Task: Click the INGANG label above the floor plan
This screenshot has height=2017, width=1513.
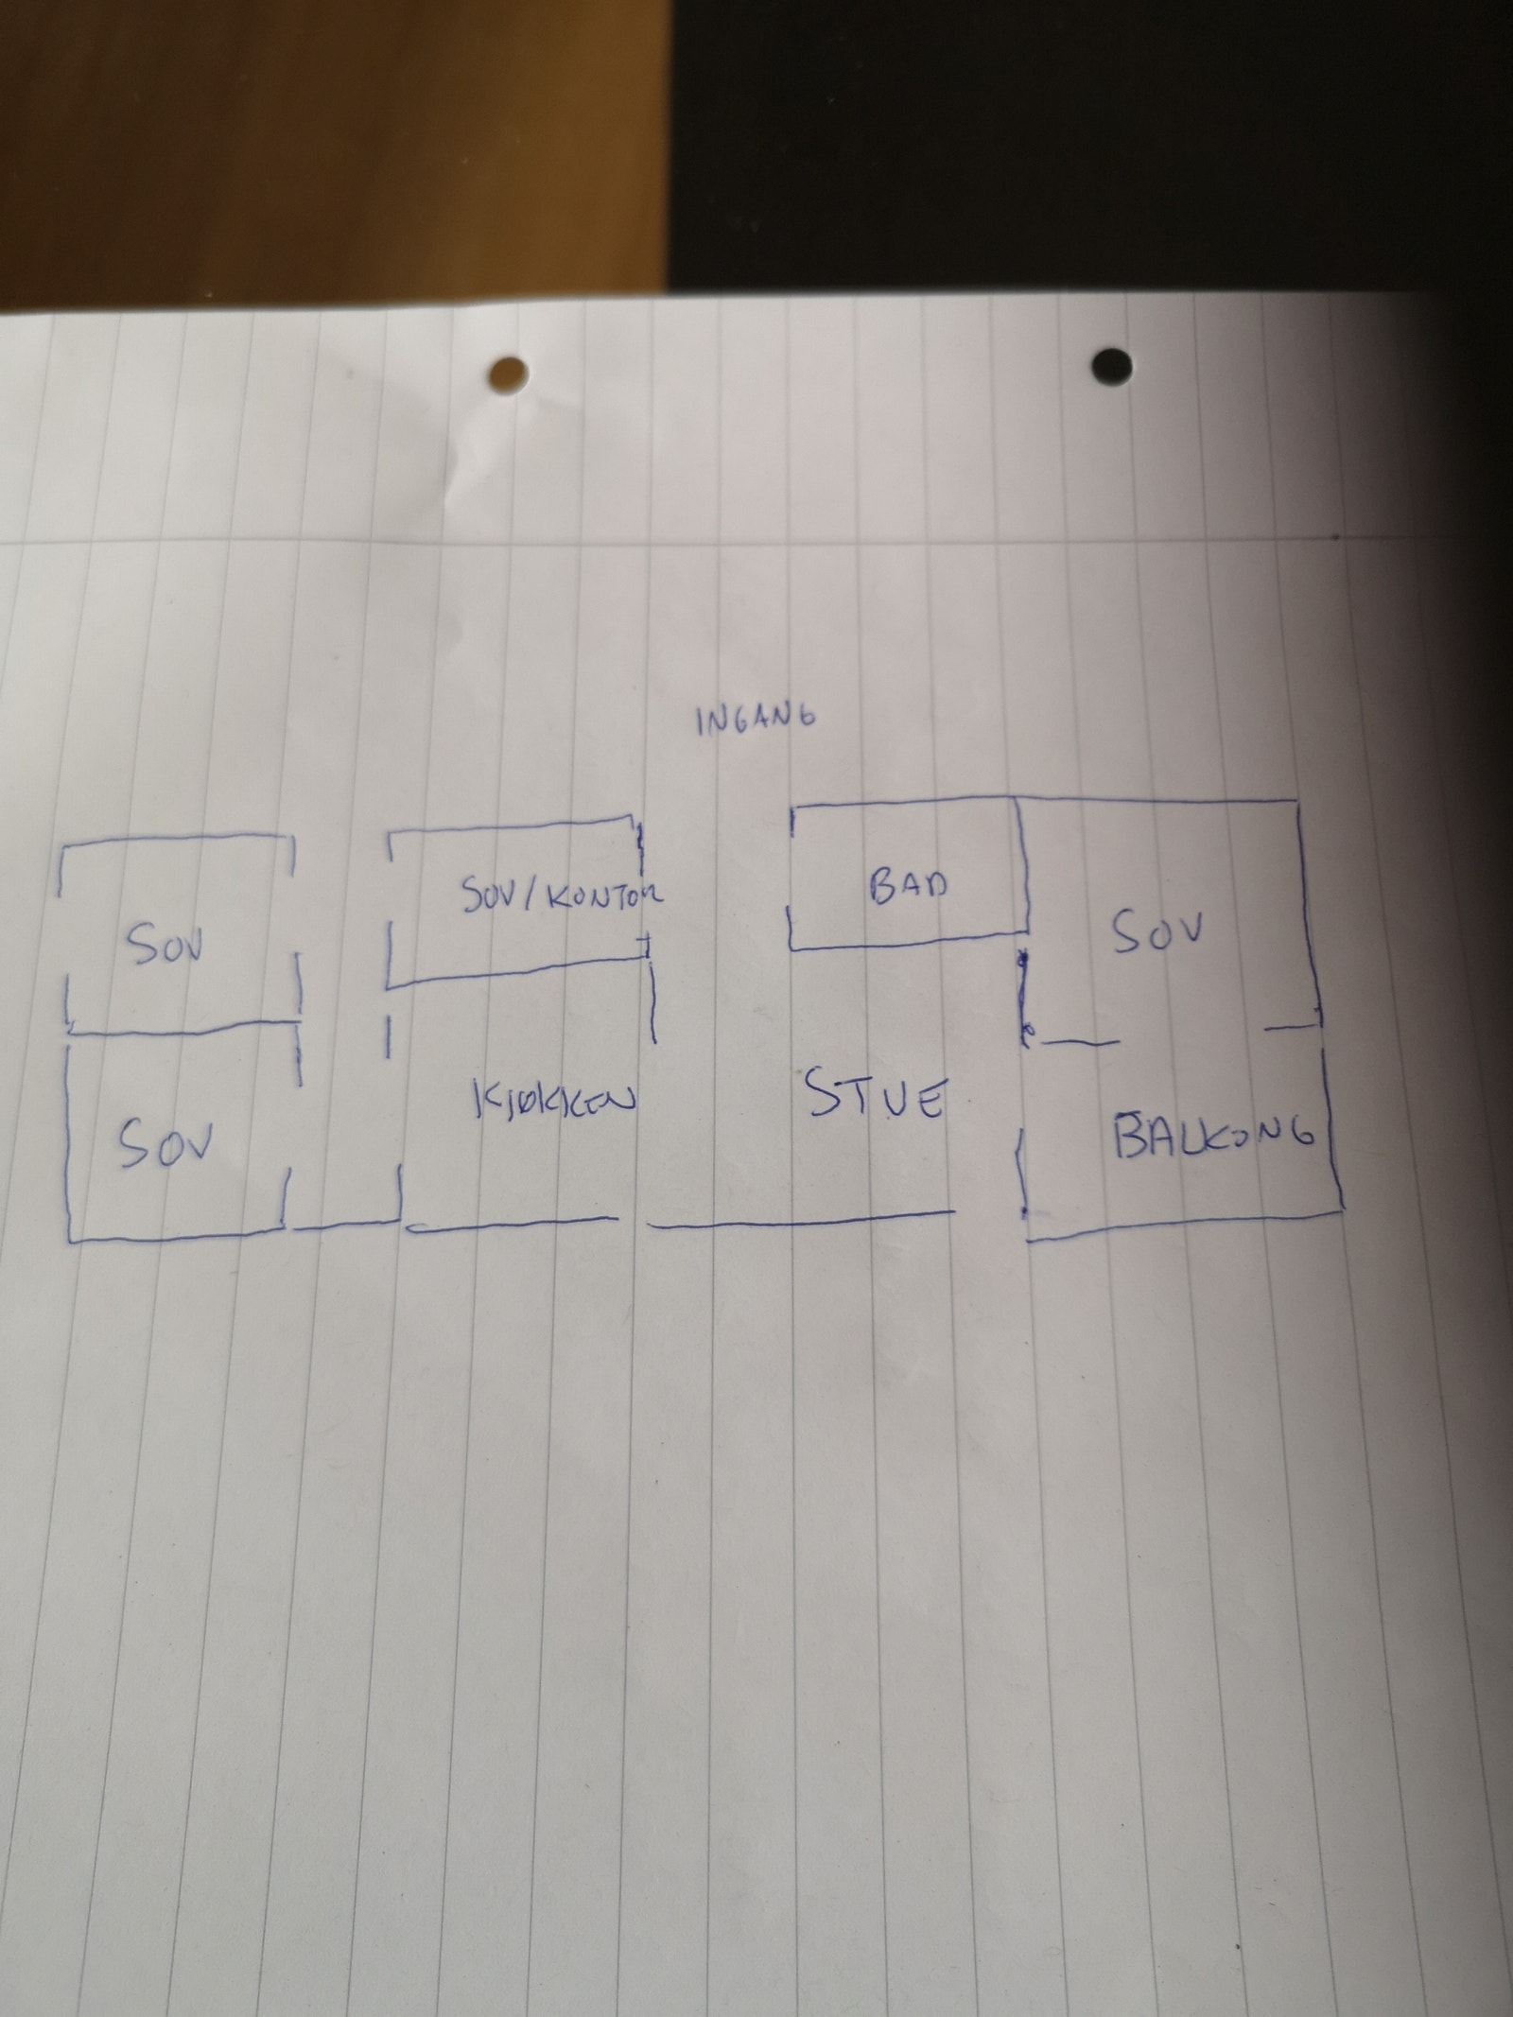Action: [755, 722]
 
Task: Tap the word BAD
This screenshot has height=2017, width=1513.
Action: [907, 887]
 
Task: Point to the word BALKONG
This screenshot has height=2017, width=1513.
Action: [1215, 1135]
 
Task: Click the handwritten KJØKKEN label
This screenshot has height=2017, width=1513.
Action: [550, 1101]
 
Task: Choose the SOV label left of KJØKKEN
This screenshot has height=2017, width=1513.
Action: [166, 1145]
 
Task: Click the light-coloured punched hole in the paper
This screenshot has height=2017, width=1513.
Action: [508, 374]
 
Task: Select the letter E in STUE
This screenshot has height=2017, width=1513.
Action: [930, 1103]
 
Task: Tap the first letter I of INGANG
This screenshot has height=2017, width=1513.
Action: [700, 724]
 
